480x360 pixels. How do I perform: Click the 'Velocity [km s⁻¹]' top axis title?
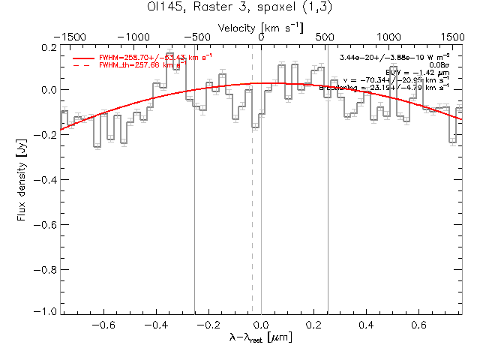coord(261,27)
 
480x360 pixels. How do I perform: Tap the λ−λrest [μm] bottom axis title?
coord(261,338)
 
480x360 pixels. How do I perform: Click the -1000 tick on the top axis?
coord(133,36)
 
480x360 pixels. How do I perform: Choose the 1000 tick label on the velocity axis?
coord(388,36)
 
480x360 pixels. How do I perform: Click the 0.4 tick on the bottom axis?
coord(367,325)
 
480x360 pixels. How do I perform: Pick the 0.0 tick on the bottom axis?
coord(261,325)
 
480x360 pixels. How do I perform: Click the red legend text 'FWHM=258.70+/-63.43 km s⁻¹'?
coord(150,57)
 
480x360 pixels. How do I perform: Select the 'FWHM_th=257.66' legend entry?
coord(140,66)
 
